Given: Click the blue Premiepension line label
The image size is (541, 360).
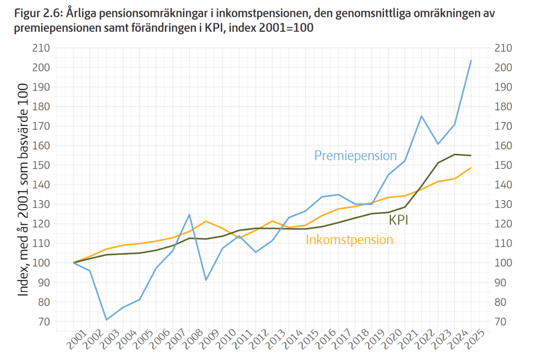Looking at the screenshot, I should point(355,155).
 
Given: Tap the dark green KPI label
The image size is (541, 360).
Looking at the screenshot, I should point(398,220).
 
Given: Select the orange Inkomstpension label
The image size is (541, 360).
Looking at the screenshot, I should point(349,240).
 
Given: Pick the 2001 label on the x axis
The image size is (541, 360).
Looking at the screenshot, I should point(77,339).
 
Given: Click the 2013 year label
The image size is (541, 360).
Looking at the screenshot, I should point(275,339).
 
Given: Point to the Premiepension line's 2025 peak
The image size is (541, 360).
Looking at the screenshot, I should point(471,61).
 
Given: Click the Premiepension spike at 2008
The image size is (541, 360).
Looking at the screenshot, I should point(189,214).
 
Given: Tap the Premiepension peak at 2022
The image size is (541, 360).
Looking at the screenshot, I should point(422,116).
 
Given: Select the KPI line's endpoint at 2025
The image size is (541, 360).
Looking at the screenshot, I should point(471,155).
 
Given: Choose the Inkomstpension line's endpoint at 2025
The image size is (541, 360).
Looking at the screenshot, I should point(471,168).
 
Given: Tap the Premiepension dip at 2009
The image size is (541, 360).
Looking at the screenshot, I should point(206,280).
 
